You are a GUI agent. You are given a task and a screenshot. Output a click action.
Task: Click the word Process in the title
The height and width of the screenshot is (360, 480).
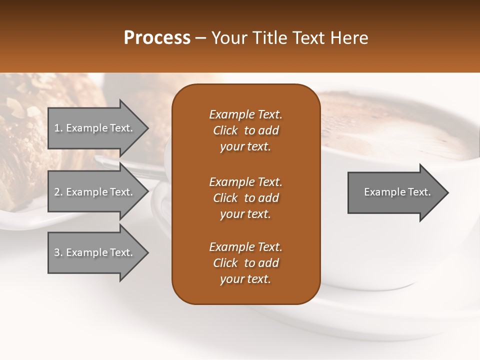[157, 38]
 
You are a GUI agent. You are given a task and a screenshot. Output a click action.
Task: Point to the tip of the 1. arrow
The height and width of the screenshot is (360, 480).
[147, 128]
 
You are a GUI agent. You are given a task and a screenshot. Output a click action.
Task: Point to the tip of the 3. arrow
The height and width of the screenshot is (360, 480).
[147, 253]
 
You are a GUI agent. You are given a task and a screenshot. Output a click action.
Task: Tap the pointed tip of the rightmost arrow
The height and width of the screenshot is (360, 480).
[447, 192]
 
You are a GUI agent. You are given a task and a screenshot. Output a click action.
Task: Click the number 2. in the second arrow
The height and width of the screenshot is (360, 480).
[58, 192]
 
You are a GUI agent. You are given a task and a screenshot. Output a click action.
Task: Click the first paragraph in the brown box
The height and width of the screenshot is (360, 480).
[245, 130]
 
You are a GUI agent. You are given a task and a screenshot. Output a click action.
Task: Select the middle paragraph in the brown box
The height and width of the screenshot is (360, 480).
[245, 198]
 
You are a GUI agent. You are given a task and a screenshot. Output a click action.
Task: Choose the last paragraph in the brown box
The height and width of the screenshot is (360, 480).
[245, 263]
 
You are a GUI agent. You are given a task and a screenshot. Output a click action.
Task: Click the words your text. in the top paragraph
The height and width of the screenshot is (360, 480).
[245, 147]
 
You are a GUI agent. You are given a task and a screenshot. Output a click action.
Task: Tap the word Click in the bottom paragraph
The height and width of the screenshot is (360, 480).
[225, 263]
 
